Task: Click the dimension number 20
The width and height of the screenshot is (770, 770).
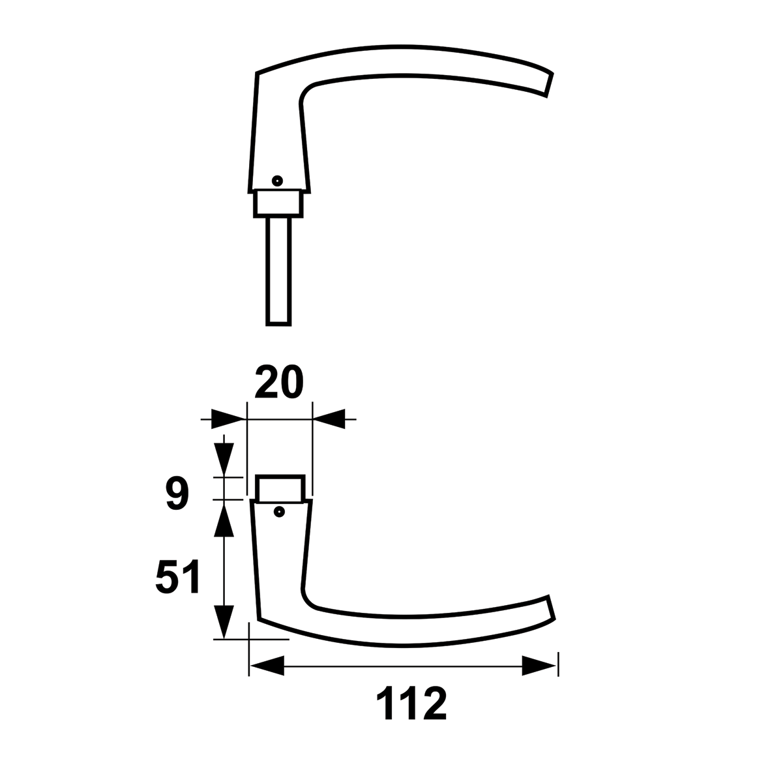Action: pyautogui.click(x=279, y=381)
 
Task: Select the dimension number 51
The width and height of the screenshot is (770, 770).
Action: pyautogui.click(x=177, y=577)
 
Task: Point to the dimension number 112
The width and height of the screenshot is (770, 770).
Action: pyautogui.click(x=411, y=703)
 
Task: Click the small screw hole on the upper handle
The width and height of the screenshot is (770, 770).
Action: pyautogui.click(x=278, y=181)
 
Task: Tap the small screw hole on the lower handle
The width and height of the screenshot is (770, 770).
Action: pyautogui.click(x=280, y=512)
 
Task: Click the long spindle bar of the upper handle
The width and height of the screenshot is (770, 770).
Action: pyautogui.click(x=278, y=272)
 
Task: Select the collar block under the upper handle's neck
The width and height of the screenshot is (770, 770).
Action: pyautogui.click(x=278, y=203)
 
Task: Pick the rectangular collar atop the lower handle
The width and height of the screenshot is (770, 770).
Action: pyautogui.click(x=280, y=488)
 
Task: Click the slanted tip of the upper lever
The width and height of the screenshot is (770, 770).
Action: pyautogui.click(x=550, y=85)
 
